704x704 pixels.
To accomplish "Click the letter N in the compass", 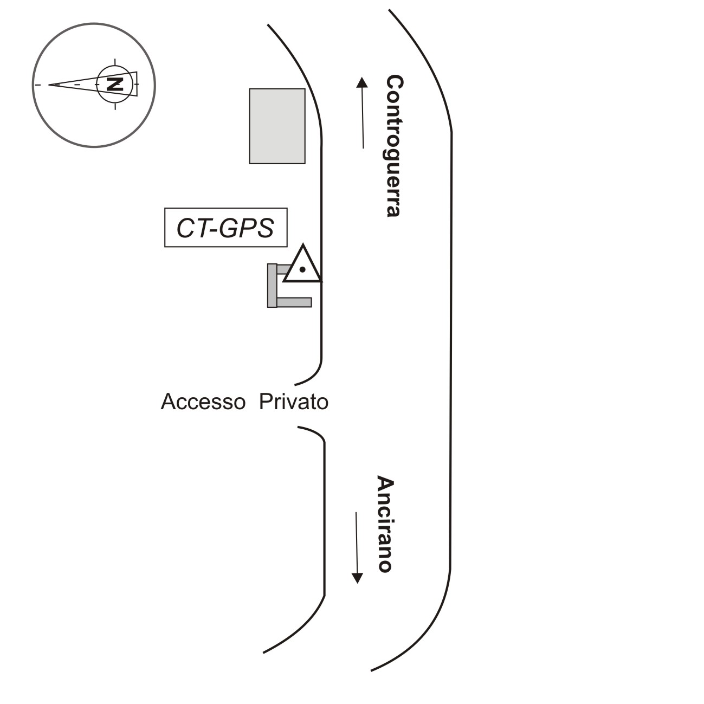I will pos(114,84).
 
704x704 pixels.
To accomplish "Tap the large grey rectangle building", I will pos(277,126).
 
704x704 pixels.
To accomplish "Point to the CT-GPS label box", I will pos(225,228).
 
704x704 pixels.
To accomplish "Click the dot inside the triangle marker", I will pos(302,269).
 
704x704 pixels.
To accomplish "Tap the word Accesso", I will pos(203,402).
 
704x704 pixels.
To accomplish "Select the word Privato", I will pos(293,402).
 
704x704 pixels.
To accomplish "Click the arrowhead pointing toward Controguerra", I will pos(362,82).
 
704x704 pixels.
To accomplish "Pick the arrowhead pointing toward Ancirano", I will pos(357,577).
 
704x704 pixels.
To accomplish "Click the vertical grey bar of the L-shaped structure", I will pos(272,285).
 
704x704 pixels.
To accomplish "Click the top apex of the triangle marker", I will pos(302,246).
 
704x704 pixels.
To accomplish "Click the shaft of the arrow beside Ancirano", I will pos(357,542).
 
